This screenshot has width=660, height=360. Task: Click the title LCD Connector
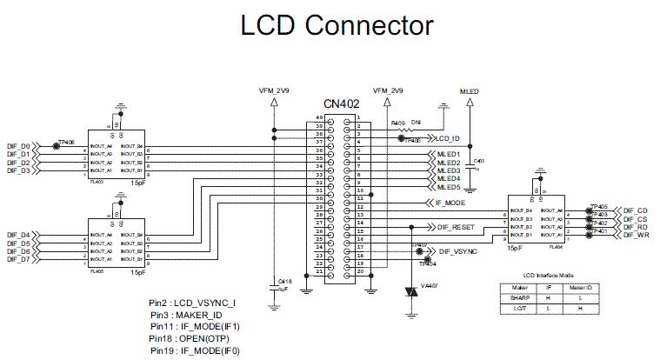[337, 25]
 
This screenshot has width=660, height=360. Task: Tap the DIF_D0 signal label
[18, 146]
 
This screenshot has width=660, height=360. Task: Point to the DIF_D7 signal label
[18, 259]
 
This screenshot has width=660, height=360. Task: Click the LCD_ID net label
[447, 138]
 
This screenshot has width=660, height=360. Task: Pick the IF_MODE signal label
[450, 202]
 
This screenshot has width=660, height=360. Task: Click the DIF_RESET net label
[456, 226]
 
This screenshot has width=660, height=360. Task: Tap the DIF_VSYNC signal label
[458, 250]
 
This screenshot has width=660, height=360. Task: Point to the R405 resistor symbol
[403, 130]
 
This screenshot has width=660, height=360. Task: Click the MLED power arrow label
[470, 90]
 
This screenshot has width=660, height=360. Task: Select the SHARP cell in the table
[520, 297]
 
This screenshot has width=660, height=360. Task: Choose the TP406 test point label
[67, 140]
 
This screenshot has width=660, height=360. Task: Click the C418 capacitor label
[283, 281]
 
